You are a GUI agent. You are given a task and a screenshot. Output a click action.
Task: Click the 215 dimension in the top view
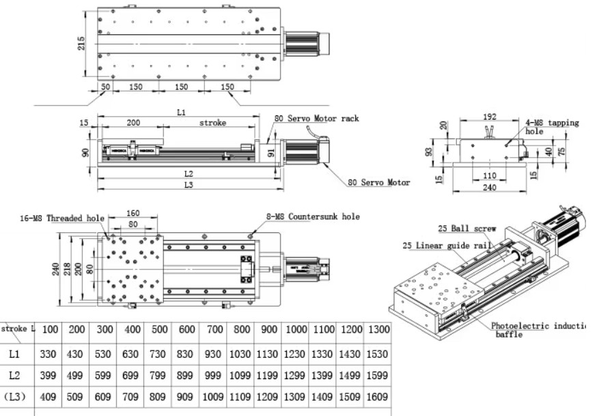pyautogui.click(x=82, y=44)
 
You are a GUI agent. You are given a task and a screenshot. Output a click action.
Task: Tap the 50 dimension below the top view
pyautogui.click(x=106, y=87)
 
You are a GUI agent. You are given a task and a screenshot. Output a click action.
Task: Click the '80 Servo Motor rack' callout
pyautogui.click(x=316, y=118)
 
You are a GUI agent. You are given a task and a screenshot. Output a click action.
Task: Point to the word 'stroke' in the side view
pyautogui.click(x=212, y=123)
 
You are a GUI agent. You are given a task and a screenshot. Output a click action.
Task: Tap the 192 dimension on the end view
pyautogui.click(x=489, y=117)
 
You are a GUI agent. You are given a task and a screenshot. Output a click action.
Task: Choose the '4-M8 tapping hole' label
pyautogui.click(x=551, y=126)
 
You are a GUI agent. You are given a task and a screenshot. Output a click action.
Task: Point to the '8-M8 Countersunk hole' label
pyautogui.click(x=313, y=217)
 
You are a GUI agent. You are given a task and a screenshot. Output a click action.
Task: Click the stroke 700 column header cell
pyautogui.click(x=214, y=330)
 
